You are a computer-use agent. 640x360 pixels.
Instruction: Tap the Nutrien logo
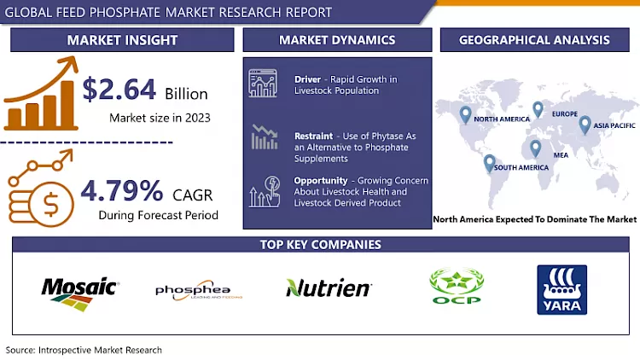tap(328, 288)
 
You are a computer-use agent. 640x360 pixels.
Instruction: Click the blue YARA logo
tap(561, 290)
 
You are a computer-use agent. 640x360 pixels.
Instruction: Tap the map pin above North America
tap(465, 113)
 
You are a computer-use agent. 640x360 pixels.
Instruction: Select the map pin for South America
tap(489, 161)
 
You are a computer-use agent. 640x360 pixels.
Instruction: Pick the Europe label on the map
tap(564, 113)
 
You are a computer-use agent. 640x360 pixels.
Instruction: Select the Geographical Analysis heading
tap(534, 39)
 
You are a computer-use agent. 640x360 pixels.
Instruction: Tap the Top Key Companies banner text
tap(320, 245)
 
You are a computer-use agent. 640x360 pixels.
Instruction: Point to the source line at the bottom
tap(84, 350)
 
